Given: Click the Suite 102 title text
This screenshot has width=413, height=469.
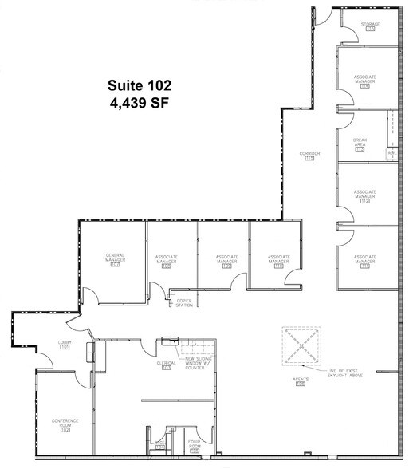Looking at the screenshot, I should point(140,85).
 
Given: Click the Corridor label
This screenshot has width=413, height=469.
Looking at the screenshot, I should point(309,155).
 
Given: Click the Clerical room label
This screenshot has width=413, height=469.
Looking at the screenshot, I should point(166,365).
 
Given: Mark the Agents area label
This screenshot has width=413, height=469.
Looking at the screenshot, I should point(301,381).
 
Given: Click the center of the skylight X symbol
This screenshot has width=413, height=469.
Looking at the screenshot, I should point(301,345).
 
